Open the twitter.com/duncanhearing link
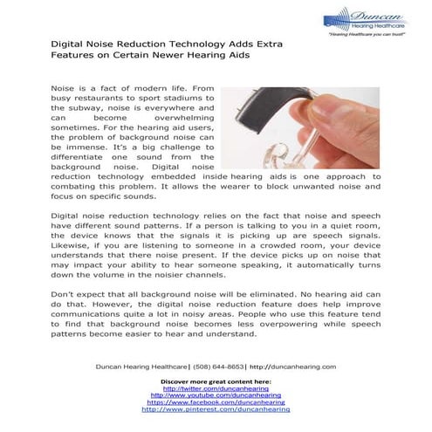(216, 388)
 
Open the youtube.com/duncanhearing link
(216, 395)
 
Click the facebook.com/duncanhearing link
(216, 401)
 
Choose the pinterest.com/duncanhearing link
(216, 408)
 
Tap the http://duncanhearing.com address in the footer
(292, 367)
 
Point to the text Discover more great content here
(216, 381)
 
